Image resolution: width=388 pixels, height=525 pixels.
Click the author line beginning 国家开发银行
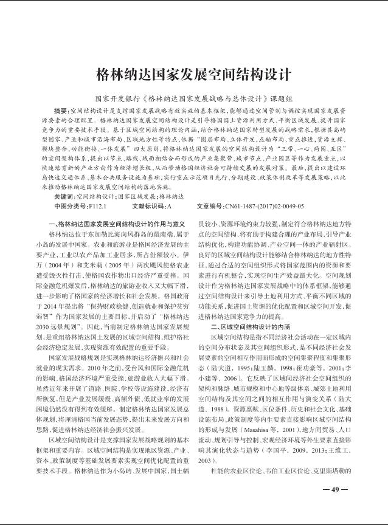(193, 98)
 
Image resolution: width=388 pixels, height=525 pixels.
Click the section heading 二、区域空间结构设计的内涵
(250, 326)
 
